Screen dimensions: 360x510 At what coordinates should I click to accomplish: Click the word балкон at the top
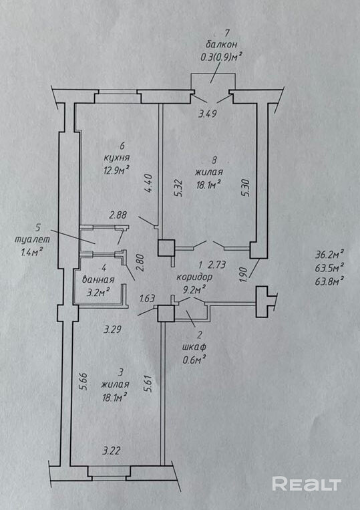(221, 45)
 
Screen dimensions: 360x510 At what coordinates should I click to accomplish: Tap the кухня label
(117, 158)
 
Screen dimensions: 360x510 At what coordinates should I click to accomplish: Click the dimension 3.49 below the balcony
(207, 114)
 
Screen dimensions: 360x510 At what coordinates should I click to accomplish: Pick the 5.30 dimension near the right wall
(246, 188)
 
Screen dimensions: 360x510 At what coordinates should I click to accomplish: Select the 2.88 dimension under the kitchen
(118, 215)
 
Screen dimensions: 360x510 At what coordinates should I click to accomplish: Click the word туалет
(33, 240)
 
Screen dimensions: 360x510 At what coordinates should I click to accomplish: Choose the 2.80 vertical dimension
(140, 263)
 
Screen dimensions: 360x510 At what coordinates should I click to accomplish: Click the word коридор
(194, 277)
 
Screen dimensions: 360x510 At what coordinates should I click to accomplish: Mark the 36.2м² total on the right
(329, 255)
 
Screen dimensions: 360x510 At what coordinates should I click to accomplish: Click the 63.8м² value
(329, 280)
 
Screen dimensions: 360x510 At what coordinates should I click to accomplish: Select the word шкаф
(194, 347)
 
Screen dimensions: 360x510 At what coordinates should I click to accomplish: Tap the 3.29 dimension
(112, 330)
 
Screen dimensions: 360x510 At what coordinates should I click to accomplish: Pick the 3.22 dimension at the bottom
(112, 451)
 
